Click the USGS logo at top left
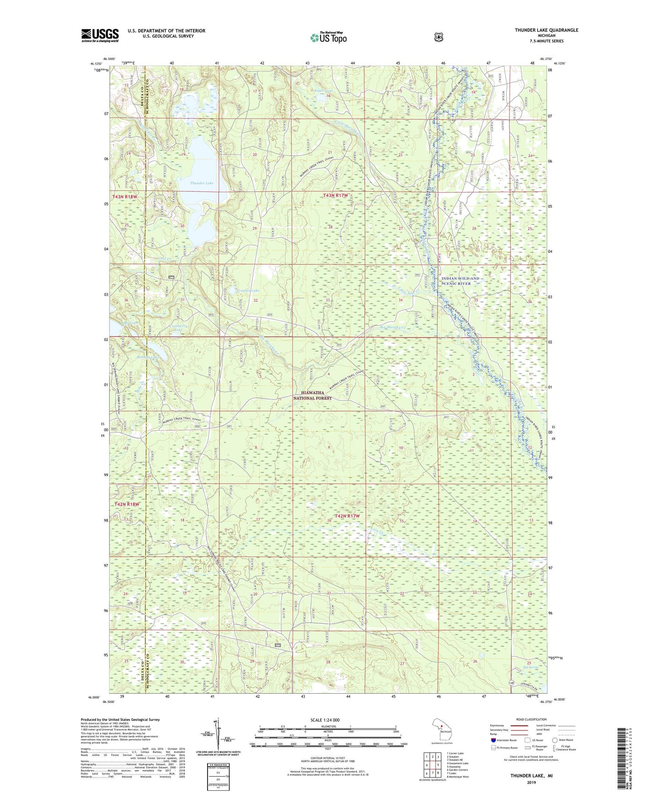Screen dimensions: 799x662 100,35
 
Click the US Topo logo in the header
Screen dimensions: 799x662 328,38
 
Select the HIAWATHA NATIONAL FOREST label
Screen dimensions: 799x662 312,395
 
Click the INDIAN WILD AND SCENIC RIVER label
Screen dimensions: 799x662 460,281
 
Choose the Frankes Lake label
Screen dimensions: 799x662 248,291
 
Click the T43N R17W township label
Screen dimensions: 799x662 335,195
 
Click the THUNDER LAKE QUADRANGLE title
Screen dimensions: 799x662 546,30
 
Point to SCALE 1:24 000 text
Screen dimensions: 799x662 328,720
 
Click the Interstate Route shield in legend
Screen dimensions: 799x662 493,740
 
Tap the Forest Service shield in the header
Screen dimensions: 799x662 439,37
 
